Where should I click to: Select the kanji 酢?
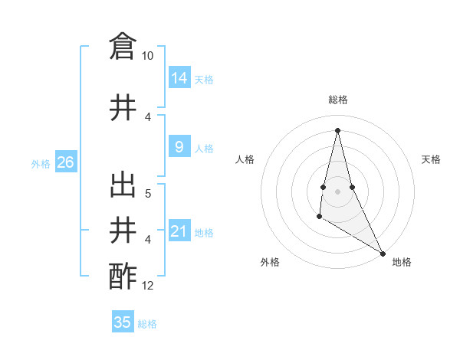[123, 275]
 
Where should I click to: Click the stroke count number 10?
[147, 56]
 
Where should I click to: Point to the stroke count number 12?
[148, 286]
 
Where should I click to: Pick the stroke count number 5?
[148, 193]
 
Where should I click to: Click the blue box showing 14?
[179, 78]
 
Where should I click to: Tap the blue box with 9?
[179, 147]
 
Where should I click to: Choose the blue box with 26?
[66, 162]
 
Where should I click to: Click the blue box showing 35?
[123, 322]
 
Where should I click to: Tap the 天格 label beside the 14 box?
[204, 79]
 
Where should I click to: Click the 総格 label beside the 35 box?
[147, 323]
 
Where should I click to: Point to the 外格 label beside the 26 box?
[41, 163]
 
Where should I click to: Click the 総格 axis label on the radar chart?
[337, 100]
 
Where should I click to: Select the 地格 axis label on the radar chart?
[402, 262]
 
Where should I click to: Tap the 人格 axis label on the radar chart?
[245, 159]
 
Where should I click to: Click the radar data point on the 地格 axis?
[383, 254]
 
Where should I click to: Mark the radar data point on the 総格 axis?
[337, 130]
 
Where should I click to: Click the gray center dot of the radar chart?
[337, 180]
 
